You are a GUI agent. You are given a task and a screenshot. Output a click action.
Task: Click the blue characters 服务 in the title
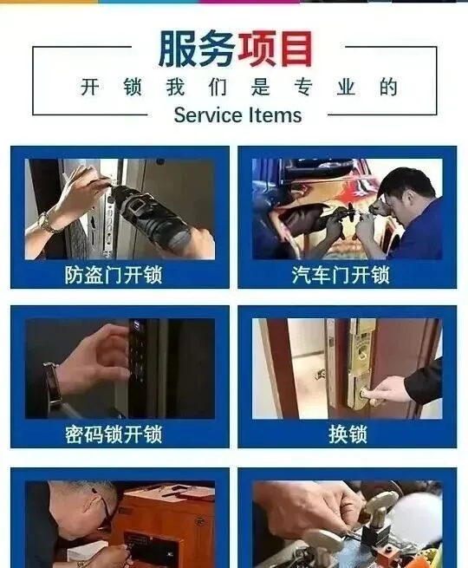point(198,49)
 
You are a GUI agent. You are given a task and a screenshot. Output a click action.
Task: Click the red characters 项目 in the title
point(276,49)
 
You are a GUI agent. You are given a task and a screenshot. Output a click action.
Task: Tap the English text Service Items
point(237,115)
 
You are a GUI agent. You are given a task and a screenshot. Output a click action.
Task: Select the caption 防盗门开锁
point(114,275)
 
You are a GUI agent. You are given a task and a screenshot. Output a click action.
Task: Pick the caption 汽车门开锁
point(341,275)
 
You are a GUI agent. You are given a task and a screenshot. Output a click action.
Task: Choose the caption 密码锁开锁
point(114,434)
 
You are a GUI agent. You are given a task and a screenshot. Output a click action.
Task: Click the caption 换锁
point(348,434)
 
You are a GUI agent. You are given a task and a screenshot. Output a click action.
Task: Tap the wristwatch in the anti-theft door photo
point(46,222)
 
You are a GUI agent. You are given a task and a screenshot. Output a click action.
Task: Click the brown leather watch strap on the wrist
point(53,383)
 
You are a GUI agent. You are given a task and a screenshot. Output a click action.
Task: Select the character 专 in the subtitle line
point(303,87)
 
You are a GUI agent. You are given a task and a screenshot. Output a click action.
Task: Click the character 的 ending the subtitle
point(388,87)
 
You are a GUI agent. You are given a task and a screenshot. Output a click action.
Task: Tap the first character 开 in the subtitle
point(90,87)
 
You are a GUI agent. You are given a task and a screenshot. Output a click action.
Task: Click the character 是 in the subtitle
point(261,87)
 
